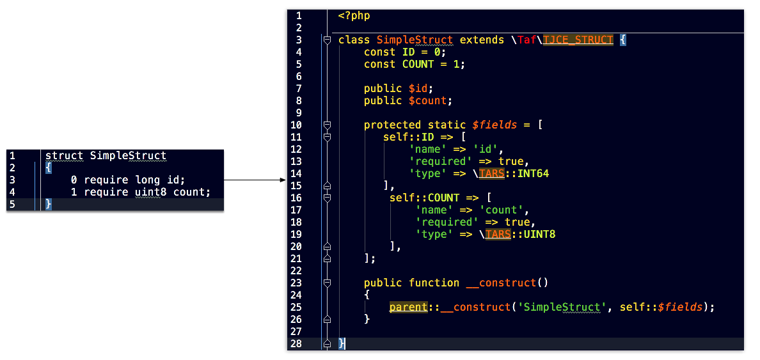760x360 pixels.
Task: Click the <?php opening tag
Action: click(x=354, y=16)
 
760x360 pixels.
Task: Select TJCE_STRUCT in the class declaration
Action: click(x=578, y=40)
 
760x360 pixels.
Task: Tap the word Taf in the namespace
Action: click(x=526, y=40)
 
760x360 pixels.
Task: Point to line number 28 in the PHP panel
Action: click(x=296, y=343)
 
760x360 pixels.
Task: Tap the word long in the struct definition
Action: click(x=147, y=180)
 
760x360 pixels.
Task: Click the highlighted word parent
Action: click(x=408, y=307)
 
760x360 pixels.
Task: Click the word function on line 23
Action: click(x=434, y=283)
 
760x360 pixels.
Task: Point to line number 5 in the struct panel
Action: click(x=12, y=204)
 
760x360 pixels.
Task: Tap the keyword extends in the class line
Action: click(x=482, y=40)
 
